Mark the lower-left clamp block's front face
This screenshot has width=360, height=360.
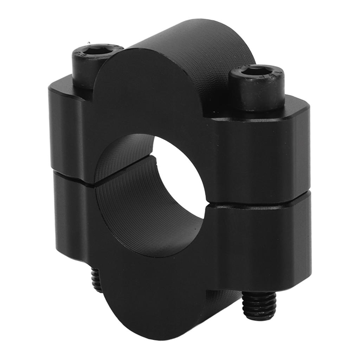coord(70,218)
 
